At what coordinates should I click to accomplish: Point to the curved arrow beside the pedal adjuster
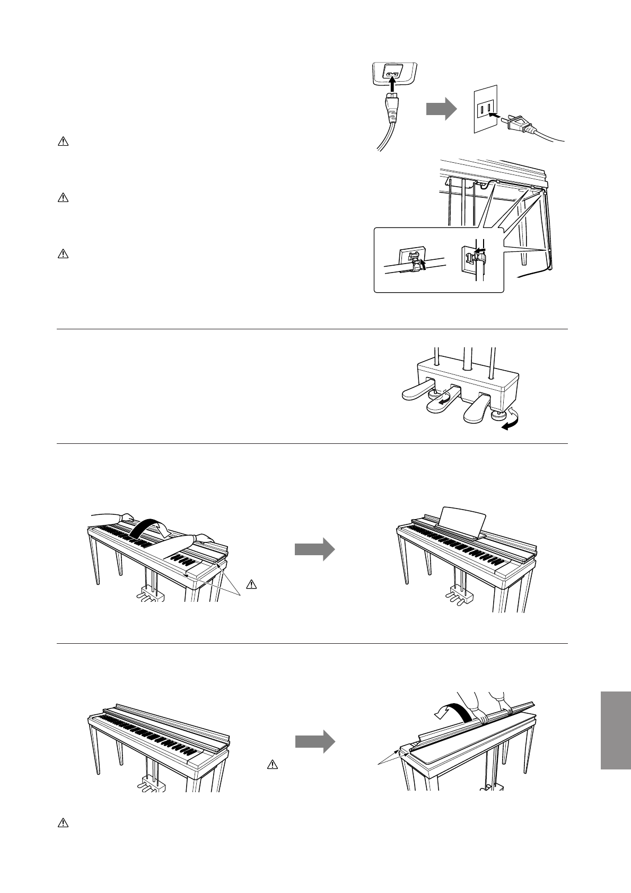click(511, 424)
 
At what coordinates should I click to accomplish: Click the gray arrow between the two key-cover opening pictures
click(314, 550)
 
